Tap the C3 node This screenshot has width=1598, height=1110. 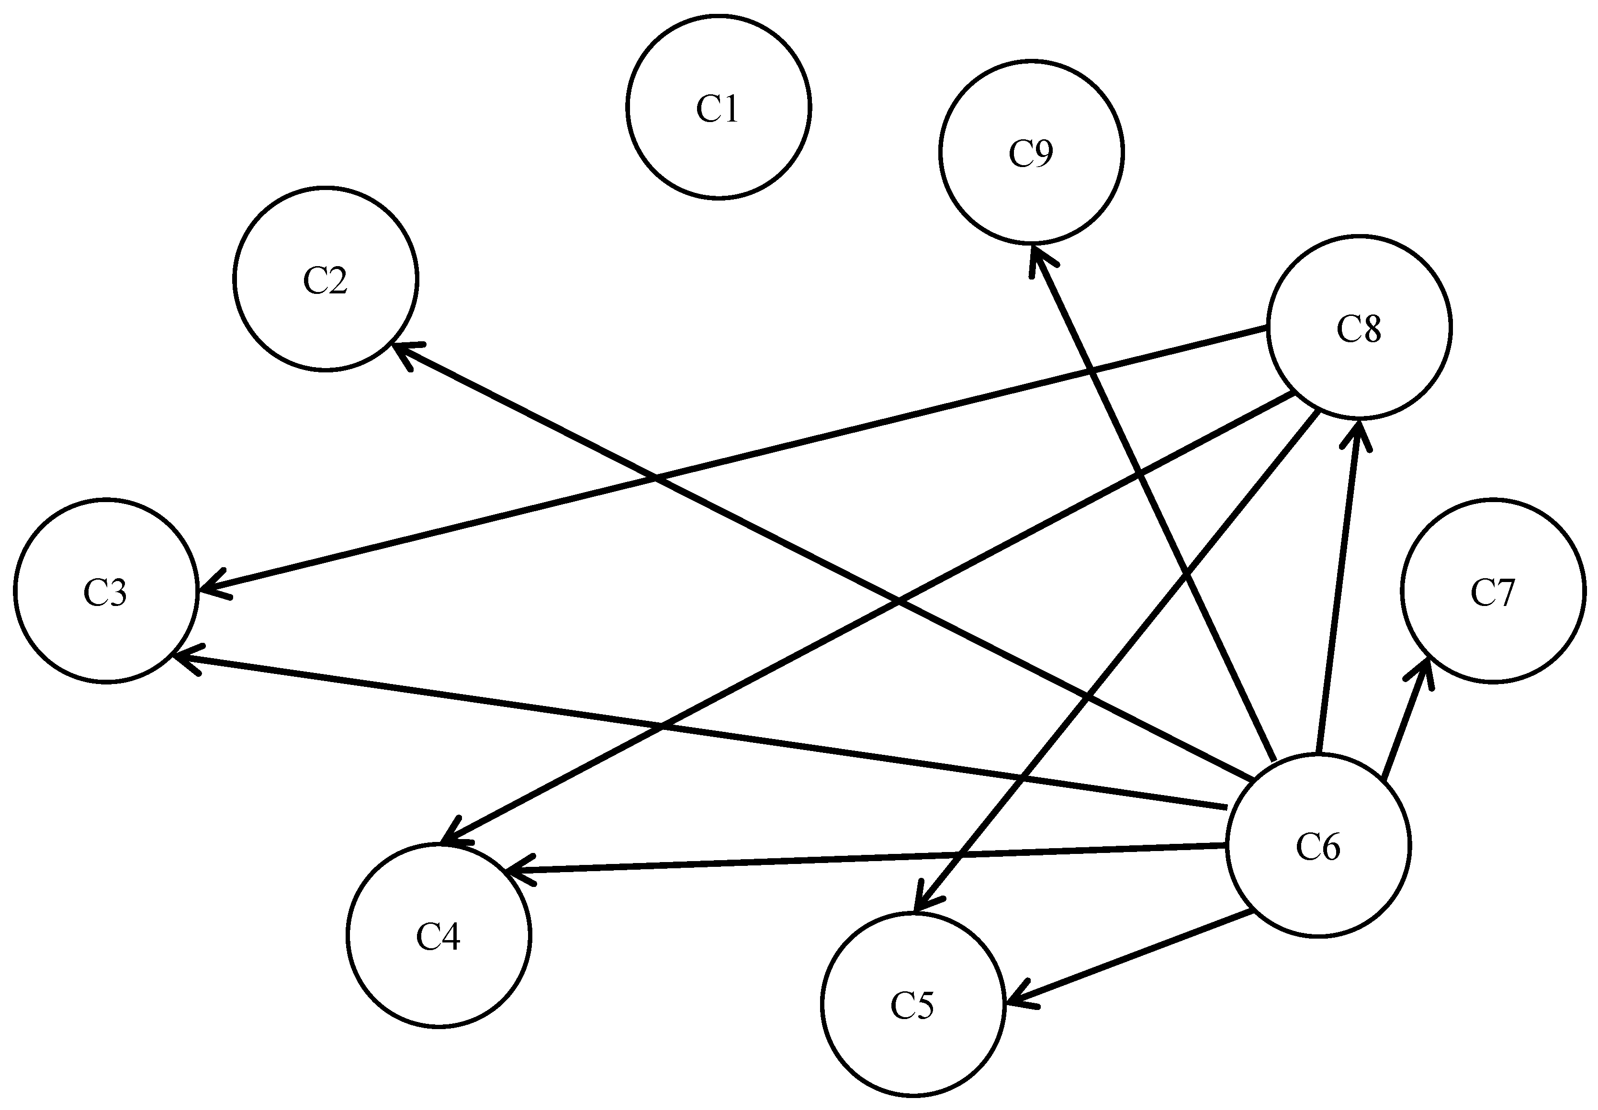(106, 591)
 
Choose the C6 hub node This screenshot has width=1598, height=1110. (1318, 846)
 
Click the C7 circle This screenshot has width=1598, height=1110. (1493, 591)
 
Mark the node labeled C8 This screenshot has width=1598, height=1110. (1359, 327)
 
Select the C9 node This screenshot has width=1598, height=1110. (1031, 152)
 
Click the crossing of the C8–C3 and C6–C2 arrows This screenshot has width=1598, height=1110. (656, 479)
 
